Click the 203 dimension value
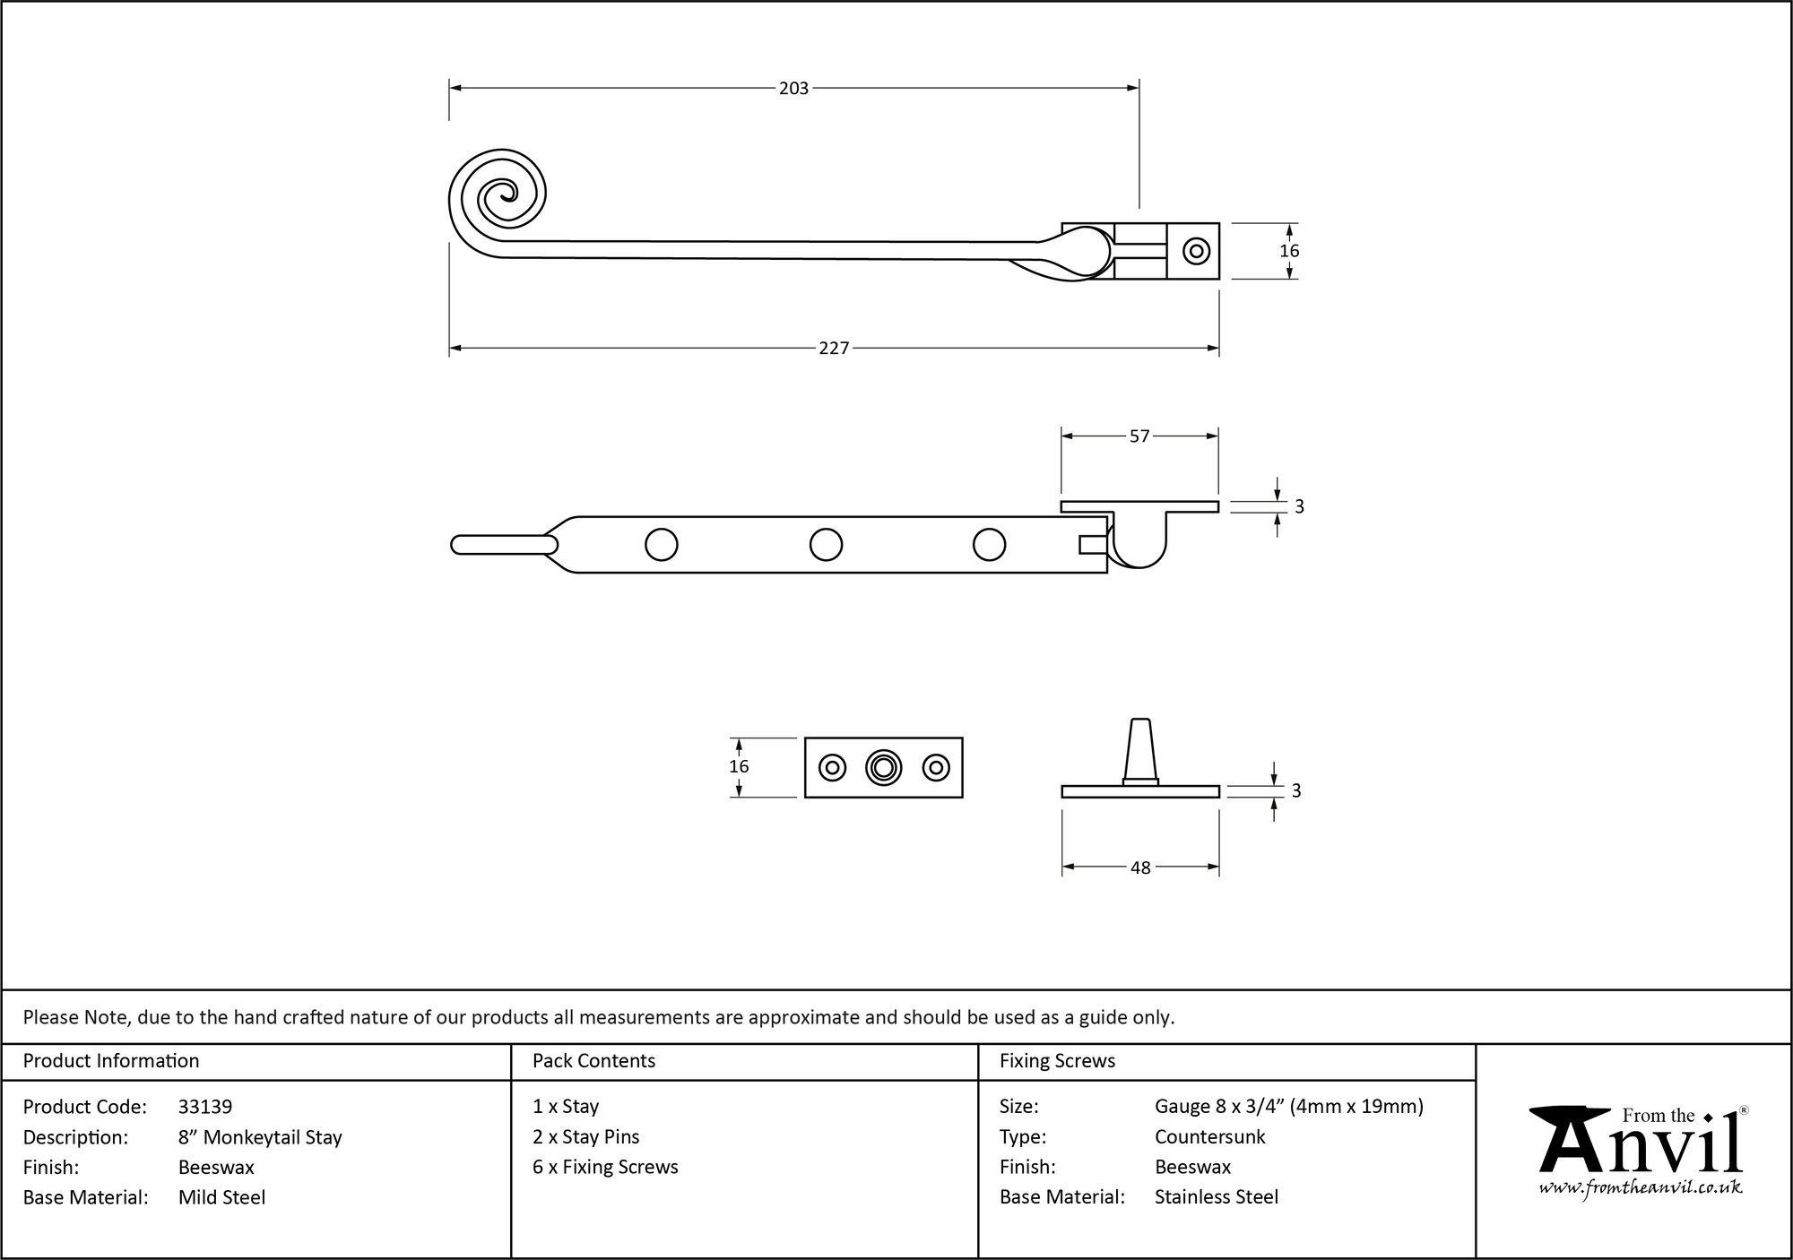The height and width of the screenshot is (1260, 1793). coord(793,88)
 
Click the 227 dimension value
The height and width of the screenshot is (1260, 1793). coord(833,348)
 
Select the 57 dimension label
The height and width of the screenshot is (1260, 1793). coord(1139,436)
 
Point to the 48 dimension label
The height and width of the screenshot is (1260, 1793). coord(1139,867)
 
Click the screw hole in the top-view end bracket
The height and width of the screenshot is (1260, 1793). coord(1196,251)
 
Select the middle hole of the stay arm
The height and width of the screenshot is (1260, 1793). coord(826,544)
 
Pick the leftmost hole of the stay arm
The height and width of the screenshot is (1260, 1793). coord(661,544)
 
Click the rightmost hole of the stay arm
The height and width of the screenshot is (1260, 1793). coord(989,544)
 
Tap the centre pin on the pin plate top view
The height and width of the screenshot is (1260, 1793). coord(883,767)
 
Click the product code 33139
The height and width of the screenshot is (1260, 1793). coord(205,1107)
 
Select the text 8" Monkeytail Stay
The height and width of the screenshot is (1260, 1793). coord(260,1137)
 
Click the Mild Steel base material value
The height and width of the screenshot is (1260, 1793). coord(221,1197)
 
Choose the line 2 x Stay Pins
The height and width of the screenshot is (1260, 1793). coord(585,1136)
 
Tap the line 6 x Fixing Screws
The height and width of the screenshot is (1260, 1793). coord(605,1167)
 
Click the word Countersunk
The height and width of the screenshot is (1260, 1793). coord(1209,1136)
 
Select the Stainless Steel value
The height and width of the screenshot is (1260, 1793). coord(1216,1196)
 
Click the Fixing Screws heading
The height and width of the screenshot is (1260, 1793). coord(1057,1061)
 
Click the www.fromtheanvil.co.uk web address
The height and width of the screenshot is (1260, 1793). coord(1641,1187)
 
